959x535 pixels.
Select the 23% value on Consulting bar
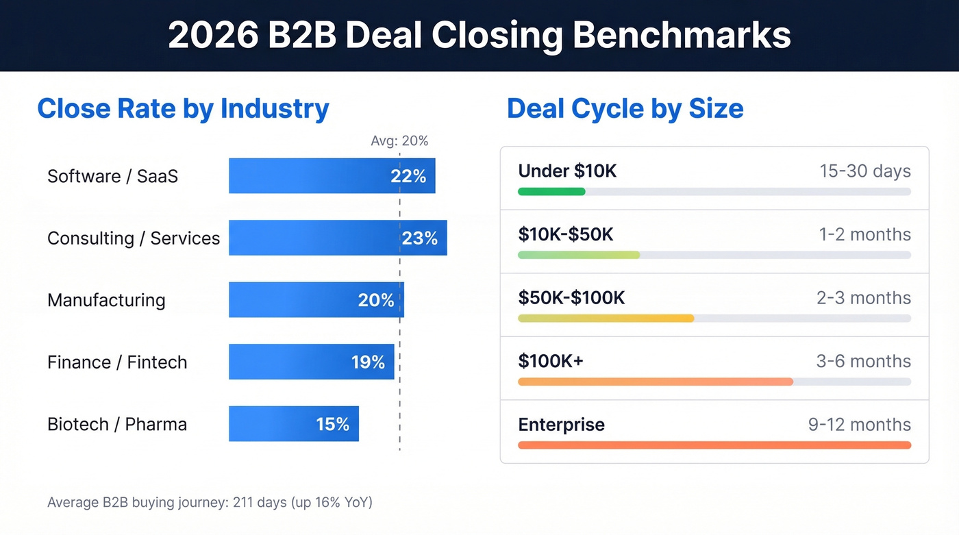pos(419,238)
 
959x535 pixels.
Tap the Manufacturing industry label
pos(106,300)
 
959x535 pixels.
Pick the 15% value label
pos(333,424)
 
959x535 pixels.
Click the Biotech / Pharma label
pos(117,424)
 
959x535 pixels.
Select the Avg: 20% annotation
pos(399,141)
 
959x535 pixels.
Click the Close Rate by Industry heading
pos(183,109)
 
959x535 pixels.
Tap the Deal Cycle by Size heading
pos(625,109)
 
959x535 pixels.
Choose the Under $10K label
pos(567,171)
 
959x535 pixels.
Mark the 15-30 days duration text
pos(865,171)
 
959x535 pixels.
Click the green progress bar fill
pos(551,192)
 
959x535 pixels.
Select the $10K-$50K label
pos(566,234)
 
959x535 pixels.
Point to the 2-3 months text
pos(864,298)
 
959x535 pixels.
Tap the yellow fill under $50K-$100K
pos(606,319)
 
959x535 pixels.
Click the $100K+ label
pos(551,361)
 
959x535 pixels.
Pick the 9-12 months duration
pos(860,425)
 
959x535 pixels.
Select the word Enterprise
pos(561,425)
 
